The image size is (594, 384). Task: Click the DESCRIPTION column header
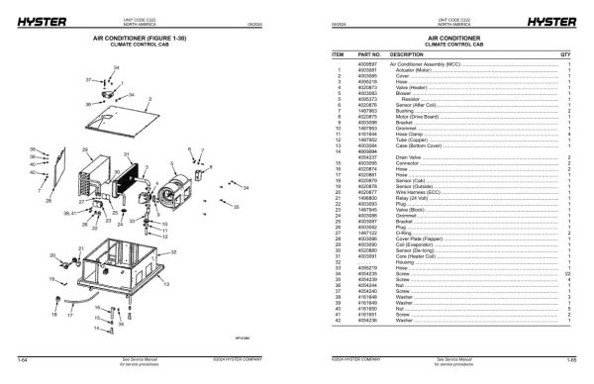coord(406,53)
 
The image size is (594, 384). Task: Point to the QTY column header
coord(565,53)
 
